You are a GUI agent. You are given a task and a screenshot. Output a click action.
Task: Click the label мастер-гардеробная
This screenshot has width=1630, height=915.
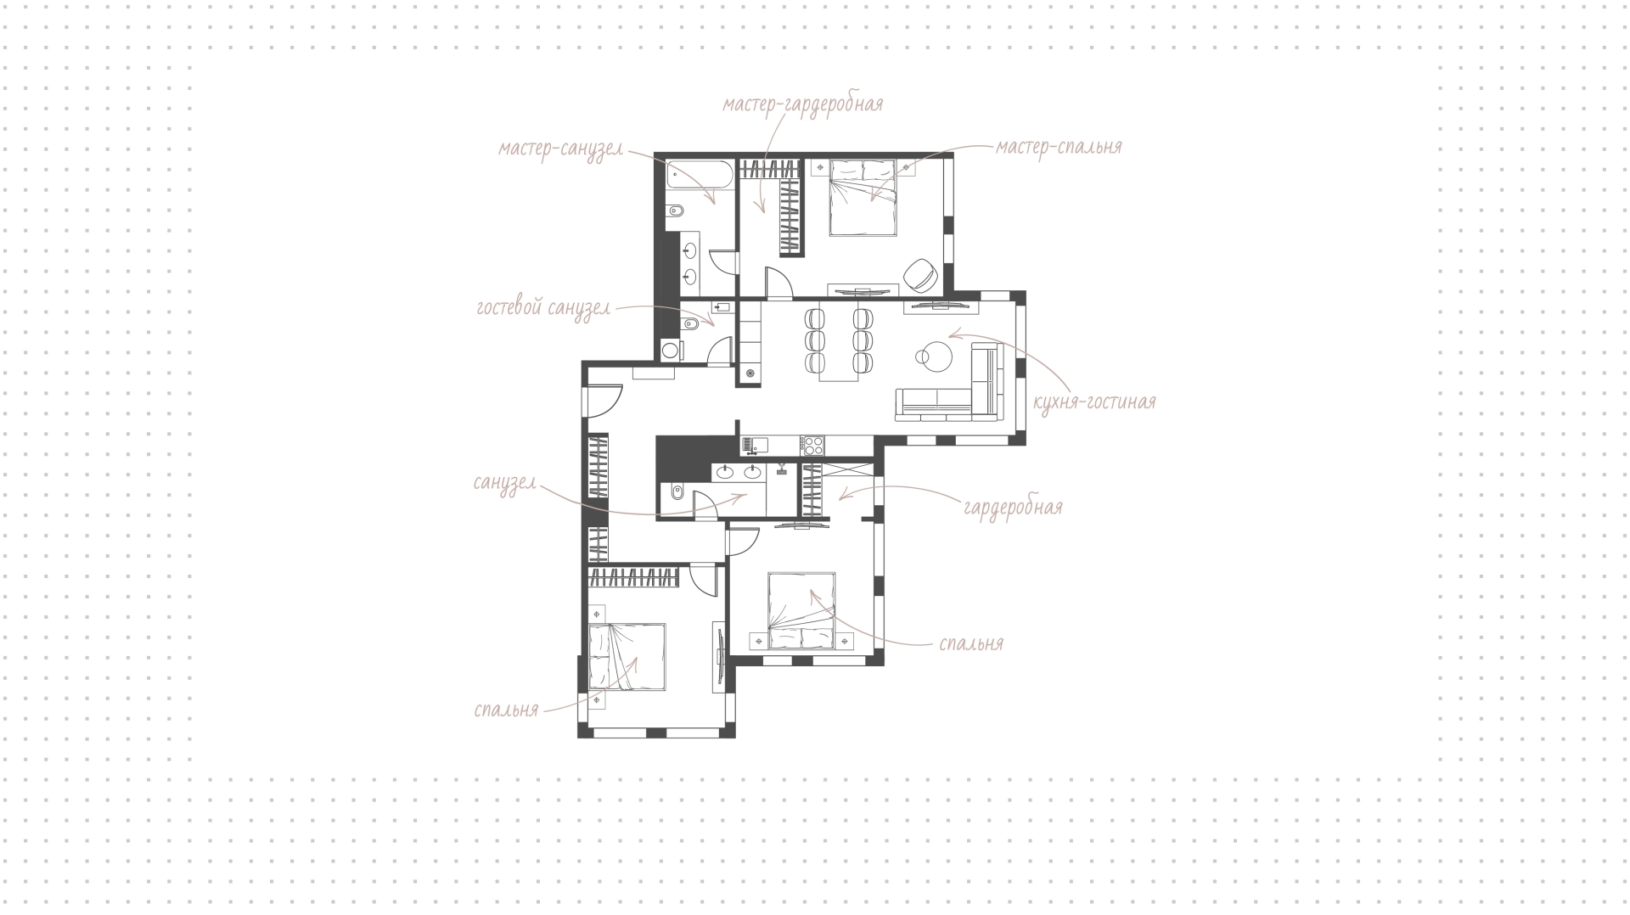pyautogui.click(x=803, y=104)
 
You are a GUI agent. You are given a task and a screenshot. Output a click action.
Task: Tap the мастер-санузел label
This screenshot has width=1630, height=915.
pyautogui.click(x=560, y=149)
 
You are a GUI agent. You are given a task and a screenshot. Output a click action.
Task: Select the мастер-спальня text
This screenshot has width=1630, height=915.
pyautogui.click(x=1059, y=147)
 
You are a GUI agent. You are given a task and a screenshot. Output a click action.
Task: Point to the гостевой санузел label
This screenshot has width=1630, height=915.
pyautogui.click(x=543, y=308)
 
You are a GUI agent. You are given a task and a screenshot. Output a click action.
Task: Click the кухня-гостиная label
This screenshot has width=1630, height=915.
pyautogui.click(x=1094, y=401)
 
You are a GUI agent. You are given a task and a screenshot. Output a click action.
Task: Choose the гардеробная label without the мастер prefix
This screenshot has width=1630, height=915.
pyautogui.click(x=1013, y=508)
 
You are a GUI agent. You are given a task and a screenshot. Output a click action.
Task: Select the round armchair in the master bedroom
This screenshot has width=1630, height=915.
pyautogui.click(x=920, y=273)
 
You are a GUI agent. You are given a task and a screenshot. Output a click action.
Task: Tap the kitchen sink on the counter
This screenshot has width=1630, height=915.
pyautogui.click(x=755, y=444)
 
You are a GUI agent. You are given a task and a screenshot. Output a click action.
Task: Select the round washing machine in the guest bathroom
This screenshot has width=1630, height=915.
pyautogui.click(x=671, y=350)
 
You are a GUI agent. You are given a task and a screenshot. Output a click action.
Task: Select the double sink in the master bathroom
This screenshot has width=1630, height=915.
pyautogui.click(x=691, y=263)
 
